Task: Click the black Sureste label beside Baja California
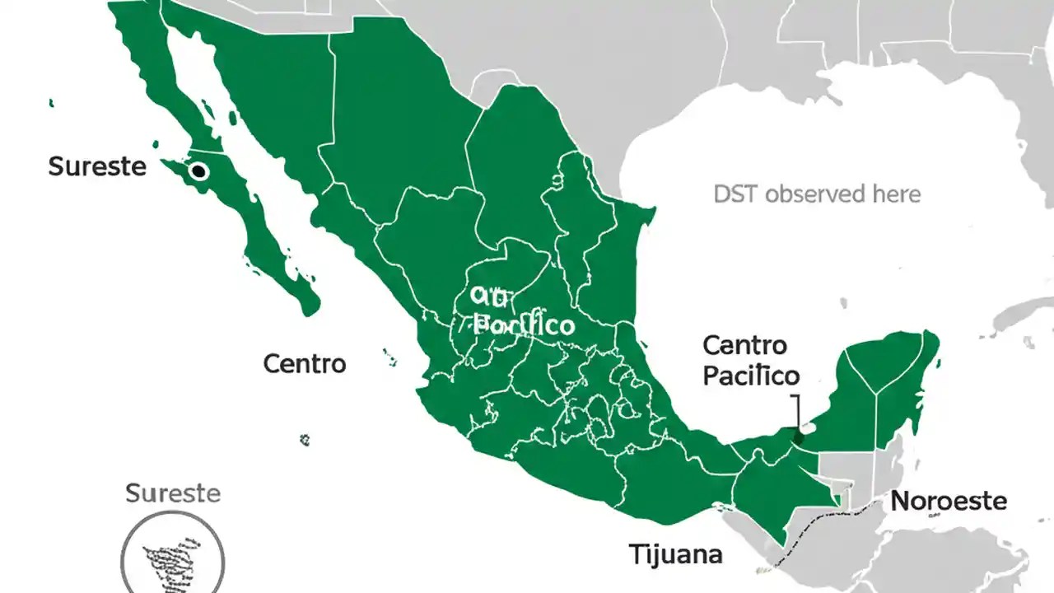97,166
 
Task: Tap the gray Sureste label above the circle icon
173,493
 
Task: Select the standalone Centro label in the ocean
305,363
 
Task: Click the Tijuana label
675,553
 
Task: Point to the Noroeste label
949,501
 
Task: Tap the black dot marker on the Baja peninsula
198,171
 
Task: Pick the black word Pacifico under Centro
750,376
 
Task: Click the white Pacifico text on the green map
525,325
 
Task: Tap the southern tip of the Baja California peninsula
309,309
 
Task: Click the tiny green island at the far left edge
52,103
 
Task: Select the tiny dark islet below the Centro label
305,441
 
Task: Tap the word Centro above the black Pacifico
745,344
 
